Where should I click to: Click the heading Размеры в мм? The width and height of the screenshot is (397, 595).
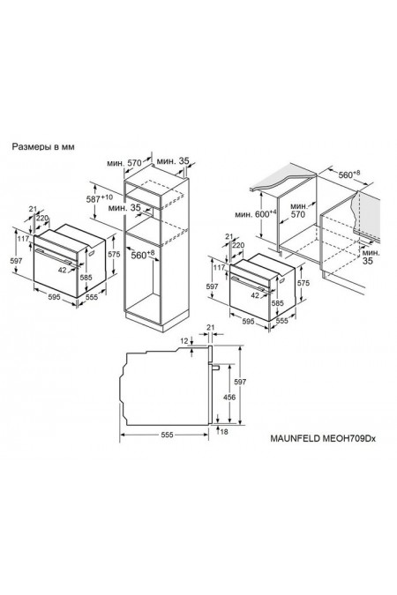43,146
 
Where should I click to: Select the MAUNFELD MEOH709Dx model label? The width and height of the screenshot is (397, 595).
323,438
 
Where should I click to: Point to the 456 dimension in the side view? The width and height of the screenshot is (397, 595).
229,398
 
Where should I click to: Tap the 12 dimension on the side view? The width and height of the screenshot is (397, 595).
184,341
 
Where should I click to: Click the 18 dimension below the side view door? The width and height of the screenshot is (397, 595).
224,431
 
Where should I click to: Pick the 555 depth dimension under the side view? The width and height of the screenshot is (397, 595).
167,435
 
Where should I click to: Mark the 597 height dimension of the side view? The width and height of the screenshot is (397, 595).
240,382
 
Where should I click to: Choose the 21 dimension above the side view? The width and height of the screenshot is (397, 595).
211,327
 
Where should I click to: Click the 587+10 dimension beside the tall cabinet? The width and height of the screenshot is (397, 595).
99,198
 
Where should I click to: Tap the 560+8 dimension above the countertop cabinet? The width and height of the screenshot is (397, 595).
349,175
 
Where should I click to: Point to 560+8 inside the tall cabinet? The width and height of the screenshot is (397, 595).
143,255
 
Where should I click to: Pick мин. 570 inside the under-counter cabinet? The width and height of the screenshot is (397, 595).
298,210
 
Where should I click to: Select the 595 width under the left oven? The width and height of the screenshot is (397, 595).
54,298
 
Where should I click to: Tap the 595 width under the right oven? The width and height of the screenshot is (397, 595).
248,322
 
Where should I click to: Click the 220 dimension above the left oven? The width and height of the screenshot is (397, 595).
42,218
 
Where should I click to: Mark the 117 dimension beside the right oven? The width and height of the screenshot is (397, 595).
219,267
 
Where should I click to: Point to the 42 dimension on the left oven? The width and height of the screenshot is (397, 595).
63,270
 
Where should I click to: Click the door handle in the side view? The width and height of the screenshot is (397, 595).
215,367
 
